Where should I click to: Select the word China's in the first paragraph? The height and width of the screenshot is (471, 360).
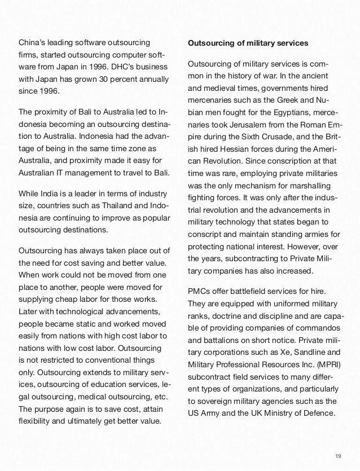(33, 43)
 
